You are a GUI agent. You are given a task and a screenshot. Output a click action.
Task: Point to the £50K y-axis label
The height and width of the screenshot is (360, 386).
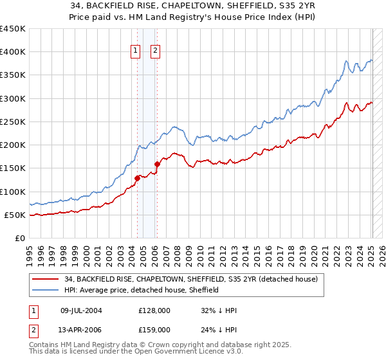click(x=15, y=215)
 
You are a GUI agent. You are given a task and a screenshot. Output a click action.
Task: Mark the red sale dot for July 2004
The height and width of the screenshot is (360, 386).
click(x=137, y=178)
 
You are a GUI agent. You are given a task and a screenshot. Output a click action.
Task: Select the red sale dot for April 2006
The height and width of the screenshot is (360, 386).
click(x=157, y=164)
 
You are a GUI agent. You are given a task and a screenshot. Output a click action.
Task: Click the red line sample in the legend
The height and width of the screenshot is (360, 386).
click(x=45, y=280)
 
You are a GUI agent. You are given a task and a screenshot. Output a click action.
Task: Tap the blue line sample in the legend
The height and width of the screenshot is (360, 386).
click(x=45, y=290)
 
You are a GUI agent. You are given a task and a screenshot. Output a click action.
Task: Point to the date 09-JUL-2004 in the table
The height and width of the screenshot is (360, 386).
click(x=81, y=310)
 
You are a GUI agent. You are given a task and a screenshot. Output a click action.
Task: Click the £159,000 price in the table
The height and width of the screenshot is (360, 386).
click(x=154, y=330)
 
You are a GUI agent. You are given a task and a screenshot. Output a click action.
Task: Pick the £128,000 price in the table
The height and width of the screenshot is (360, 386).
click(x=154, y=310)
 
